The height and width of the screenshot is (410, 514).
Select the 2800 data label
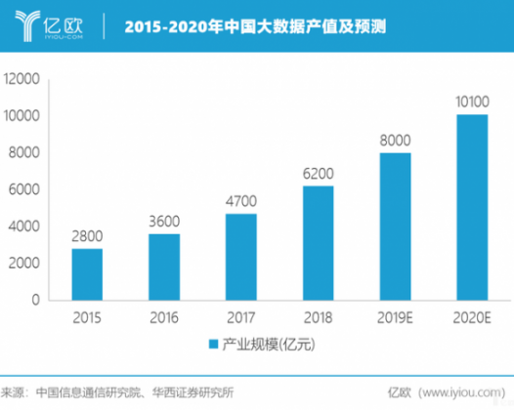coord(87,236)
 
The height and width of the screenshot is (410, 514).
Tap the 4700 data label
coord(240,201)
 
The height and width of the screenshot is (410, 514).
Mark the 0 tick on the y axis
coord(36,301)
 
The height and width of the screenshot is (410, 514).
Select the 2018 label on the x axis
coord(318,316)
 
